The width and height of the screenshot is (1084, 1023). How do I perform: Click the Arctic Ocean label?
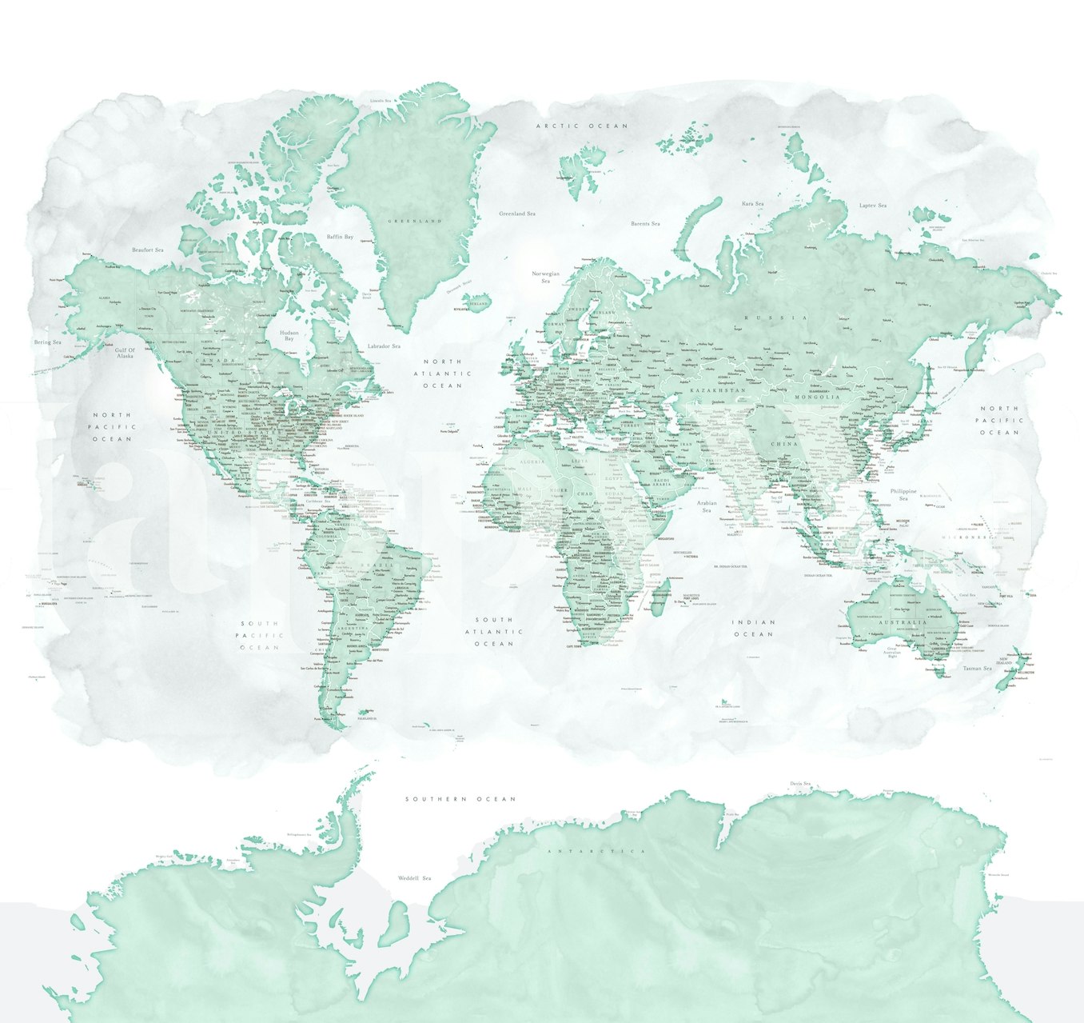pos(582,126)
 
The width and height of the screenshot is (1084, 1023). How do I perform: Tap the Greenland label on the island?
pos(414,221)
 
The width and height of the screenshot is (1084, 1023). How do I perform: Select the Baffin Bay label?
pos(340,237)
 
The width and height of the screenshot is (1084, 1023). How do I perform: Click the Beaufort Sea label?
pos(148,250)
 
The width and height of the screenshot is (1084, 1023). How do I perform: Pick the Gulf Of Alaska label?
pos(126,353)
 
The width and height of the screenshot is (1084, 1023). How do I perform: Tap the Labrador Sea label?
pos(384,346)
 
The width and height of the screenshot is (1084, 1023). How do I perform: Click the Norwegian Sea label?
pos(546,277)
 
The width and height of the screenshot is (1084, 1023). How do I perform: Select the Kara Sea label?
pos(753,204)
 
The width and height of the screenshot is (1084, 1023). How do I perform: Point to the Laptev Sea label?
pos(873,206)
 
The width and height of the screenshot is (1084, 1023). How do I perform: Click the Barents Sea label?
pos(645,224)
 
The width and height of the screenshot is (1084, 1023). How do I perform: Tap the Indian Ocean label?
pos(755,628)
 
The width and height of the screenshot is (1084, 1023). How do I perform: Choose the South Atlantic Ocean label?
pos(494,631)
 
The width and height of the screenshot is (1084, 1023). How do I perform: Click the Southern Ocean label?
pos(460,799)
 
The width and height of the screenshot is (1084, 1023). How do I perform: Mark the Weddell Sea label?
pos(415,878)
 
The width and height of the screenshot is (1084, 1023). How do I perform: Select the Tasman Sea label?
pos(977,668)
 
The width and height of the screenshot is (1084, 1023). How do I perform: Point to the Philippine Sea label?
pos(903,494)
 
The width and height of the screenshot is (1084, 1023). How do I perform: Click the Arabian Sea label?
pos(707,507)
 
